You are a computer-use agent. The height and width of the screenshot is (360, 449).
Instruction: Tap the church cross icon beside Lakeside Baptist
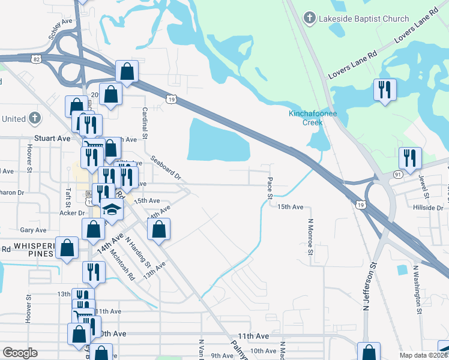[310, 18]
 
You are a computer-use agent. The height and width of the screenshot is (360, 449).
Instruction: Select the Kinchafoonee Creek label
[306, 118]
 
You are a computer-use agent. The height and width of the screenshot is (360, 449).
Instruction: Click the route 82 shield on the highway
[37, 59]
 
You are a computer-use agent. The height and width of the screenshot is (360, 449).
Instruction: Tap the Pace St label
[270, 188]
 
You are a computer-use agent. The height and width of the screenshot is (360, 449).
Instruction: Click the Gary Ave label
[33, 230]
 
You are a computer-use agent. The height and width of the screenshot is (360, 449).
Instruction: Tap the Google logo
[20, 352]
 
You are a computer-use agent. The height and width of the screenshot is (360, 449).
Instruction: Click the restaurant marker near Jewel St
[409, 158]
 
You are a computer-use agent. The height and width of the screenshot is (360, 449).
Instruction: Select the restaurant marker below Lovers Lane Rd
[383, 91]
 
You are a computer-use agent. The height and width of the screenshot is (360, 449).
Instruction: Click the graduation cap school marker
[112, 210]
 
